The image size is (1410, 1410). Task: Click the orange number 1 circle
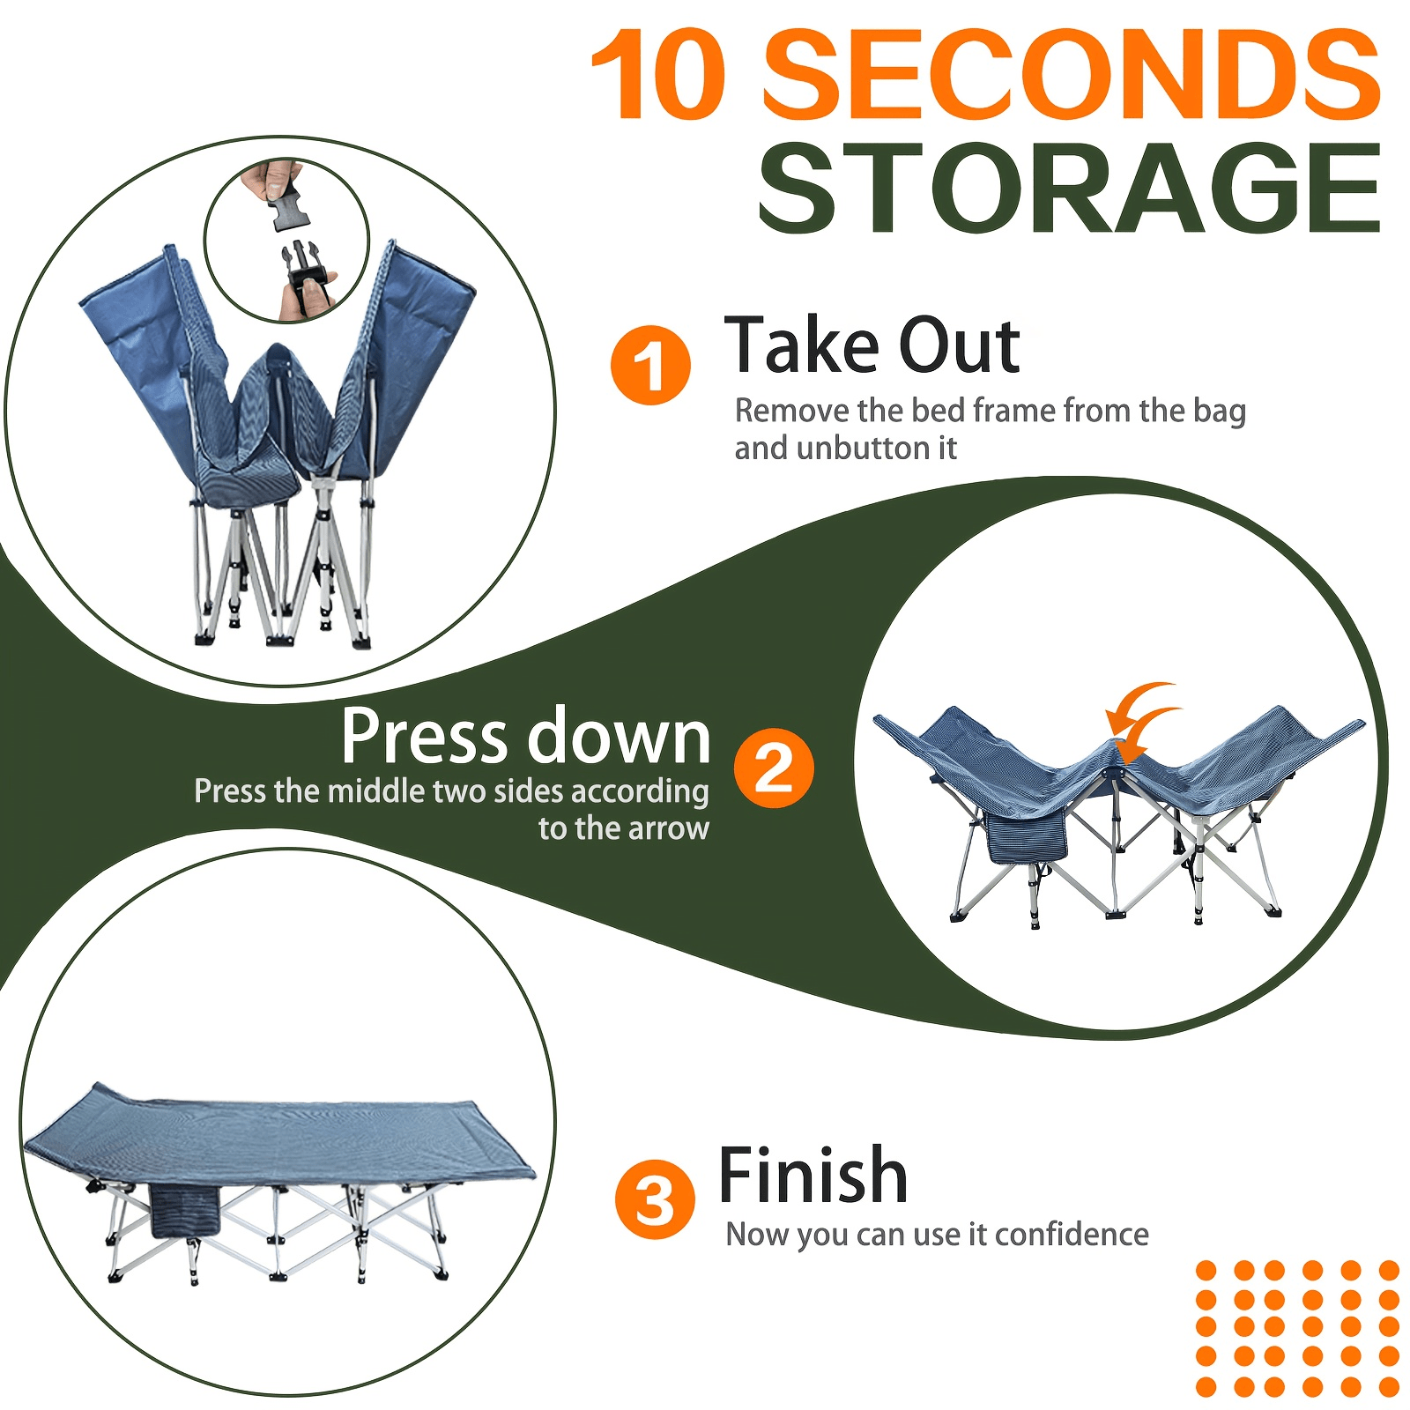click(650, 365)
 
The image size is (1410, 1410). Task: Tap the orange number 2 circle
click(774, 768)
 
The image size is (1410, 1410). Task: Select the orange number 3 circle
click(655, 1199)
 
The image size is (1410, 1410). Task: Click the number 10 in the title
click(659, 75)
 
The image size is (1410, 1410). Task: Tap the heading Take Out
click(872, 345)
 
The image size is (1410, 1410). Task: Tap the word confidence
click(1072, 1234)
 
